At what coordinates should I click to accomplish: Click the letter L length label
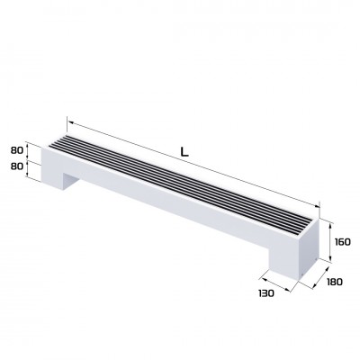pos(184,152)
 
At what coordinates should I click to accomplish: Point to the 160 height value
pos(341,241)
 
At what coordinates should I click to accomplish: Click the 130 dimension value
pos(267,294)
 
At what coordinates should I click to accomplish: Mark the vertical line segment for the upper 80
pos(31,150)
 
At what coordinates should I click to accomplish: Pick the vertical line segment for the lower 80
pos(31,166)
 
